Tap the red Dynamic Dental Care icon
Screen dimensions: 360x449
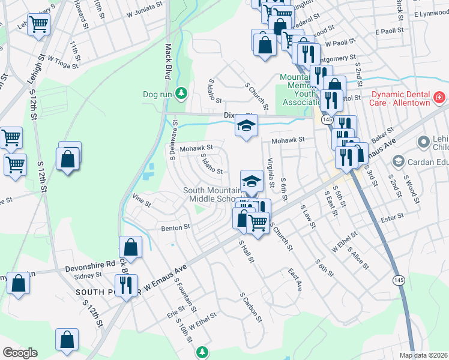point(440,97)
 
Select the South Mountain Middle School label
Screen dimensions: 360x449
point(213,195)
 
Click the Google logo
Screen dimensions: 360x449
point(20,353)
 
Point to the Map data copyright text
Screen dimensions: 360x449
point(424,355)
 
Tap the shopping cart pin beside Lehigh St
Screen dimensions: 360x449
point(39,25)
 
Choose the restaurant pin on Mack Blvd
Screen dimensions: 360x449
point(126,286)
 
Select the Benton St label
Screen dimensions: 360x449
point(175,227)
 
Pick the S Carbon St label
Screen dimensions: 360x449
point(251,307)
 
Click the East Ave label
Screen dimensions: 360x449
point(294,279)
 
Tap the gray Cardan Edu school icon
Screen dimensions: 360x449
point(397,161)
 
